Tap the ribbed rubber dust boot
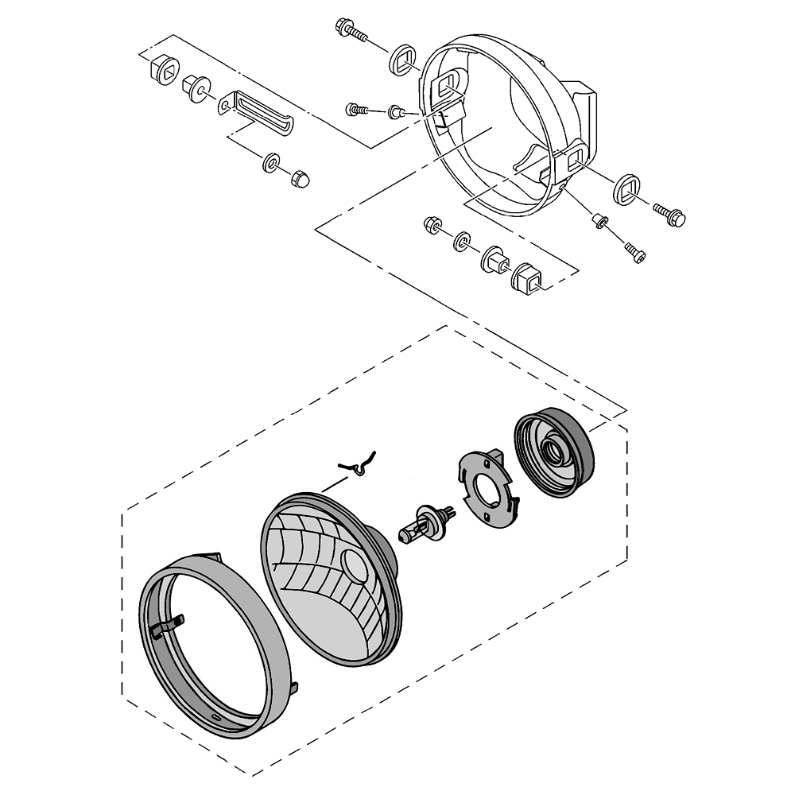tap(554, 452)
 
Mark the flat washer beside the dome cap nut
tap(271, 163)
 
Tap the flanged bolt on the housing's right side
tap(669, 212)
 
